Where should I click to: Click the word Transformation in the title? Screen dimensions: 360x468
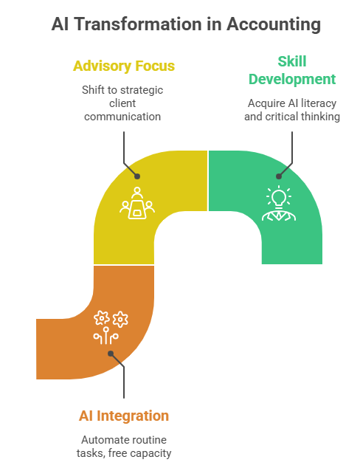(x=139, y=24)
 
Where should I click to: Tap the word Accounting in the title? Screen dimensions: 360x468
(x=274, y=24)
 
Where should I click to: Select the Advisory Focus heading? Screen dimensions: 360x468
(x=124, y=66)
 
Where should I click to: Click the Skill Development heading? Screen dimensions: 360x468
(x=292, y=70)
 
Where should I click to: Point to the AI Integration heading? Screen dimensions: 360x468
(x=124, y=416)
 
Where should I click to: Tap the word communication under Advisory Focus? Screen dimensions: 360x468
(x=122, y=117)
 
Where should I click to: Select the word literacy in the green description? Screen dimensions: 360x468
(x=319, y=103)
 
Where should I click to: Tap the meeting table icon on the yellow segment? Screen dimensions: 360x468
(x=137, y=203)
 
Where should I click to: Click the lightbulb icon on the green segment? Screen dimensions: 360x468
(x=279, y=196)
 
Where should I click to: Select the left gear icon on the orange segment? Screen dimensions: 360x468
(x=101, y=318)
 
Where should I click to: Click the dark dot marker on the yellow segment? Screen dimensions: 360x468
(x=137, y=176)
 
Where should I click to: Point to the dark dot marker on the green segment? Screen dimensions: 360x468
(x=279, y=176)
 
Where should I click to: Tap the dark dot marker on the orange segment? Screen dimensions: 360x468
(x=111, y=354)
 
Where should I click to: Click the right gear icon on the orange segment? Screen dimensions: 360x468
(x=120, y=320)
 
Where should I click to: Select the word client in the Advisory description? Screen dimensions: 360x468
(x=122, y=103)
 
